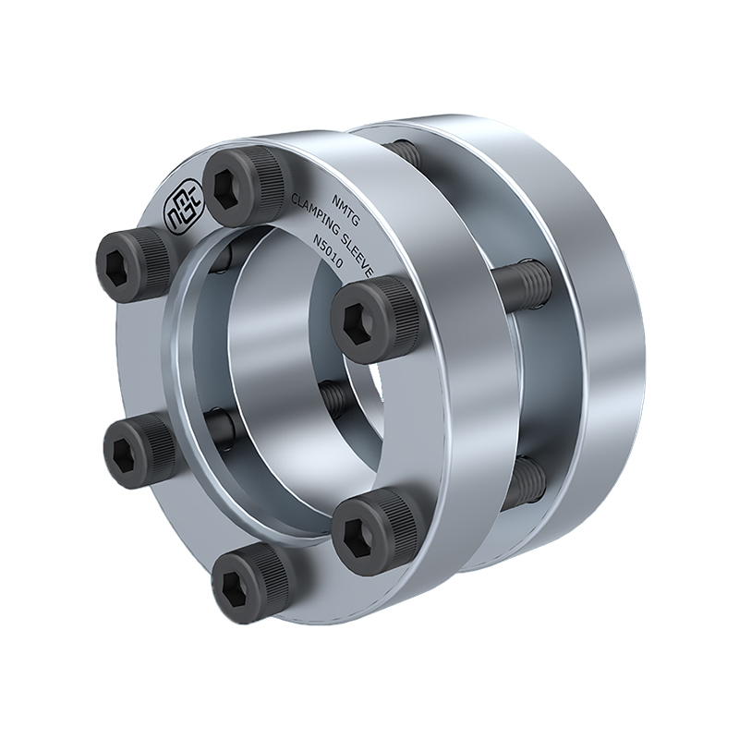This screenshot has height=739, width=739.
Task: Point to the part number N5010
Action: [x=328, y=253]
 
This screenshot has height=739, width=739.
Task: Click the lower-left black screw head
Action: [x=139, y=449]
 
